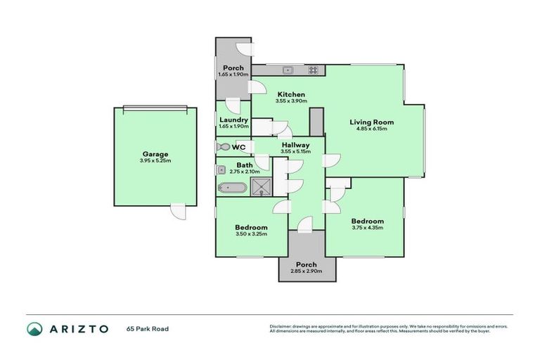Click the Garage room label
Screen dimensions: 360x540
(155, 154)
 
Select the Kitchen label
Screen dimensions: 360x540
(290, 94)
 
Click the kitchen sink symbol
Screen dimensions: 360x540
(288, 70)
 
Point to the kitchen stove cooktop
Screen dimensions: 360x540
(313, 70)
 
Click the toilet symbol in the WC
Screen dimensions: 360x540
(223, 147)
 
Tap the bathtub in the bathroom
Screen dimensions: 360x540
(231, 188)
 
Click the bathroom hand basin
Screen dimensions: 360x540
(221, 169)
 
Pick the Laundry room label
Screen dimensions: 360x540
(233, 120)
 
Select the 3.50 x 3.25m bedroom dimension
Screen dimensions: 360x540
(251, 234)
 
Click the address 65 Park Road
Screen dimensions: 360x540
(148, 328)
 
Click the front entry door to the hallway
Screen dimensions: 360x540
(304, 224)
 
